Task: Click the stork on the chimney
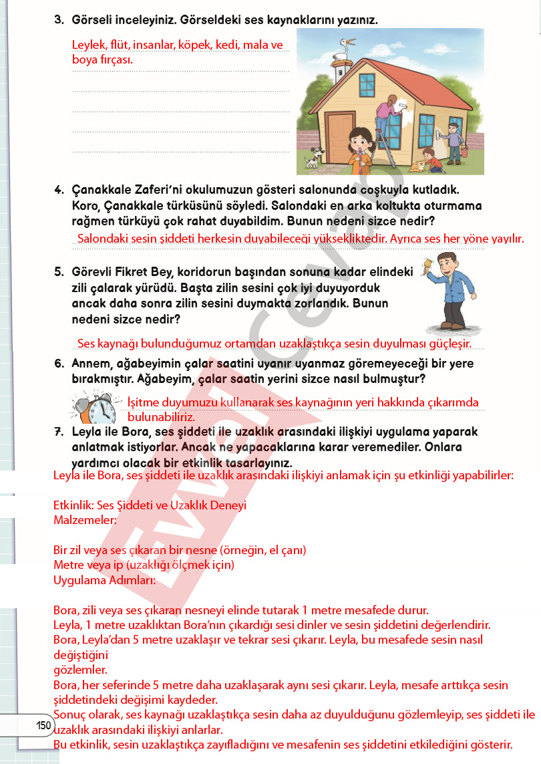point(346,47)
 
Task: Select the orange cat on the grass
point(418,164)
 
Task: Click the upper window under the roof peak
point(368,84)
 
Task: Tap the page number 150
point(43,726)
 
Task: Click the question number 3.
point(58,20)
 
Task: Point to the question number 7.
point(58,432)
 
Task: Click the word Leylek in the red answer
point(89,45)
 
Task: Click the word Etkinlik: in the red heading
point(73,505)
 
